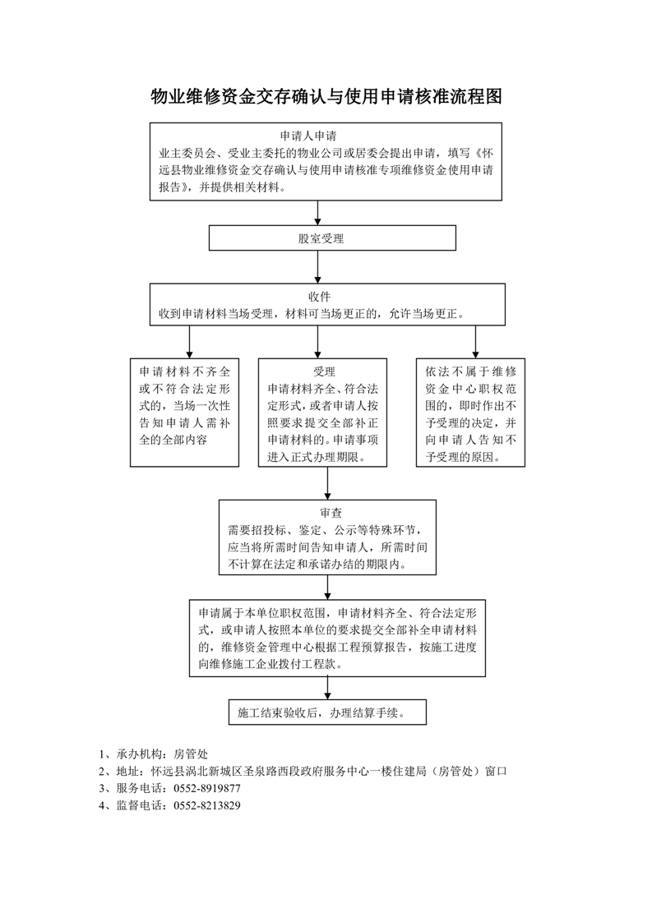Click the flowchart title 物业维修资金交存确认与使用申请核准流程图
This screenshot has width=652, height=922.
tap(326, 96)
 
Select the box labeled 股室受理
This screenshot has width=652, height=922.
tap(332, 238)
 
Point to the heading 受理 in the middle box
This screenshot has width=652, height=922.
tap(324, 371)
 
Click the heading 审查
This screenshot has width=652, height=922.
tap(331, 513)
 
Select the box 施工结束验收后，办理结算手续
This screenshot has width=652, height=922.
tap(327, 712)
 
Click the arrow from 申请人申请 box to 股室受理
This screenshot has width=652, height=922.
tap(317, 213)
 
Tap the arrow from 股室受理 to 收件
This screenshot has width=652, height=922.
tap(317, 267)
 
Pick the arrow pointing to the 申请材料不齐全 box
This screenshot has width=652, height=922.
tap(189, 342)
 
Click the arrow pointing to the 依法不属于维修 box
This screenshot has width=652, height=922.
tap(475, 342)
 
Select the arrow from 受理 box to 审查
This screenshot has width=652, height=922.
tap(328, 483)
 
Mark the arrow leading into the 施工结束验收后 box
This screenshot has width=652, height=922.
tap(328, 688)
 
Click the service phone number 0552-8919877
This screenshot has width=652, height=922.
tap(207, 789)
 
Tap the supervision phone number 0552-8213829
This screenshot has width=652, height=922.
tap(207, 805)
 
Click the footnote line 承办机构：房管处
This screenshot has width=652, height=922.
tap(154, 754)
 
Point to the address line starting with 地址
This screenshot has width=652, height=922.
tap(303, 772)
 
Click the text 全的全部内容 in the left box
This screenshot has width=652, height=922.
tap(173, 440)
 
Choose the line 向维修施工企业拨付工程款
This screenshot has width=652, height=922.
tap(271, 665)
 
